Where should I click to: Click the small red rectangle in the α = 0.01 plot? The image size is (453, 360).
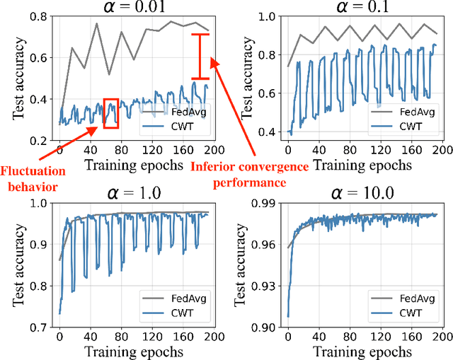(x=110, y=113)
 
